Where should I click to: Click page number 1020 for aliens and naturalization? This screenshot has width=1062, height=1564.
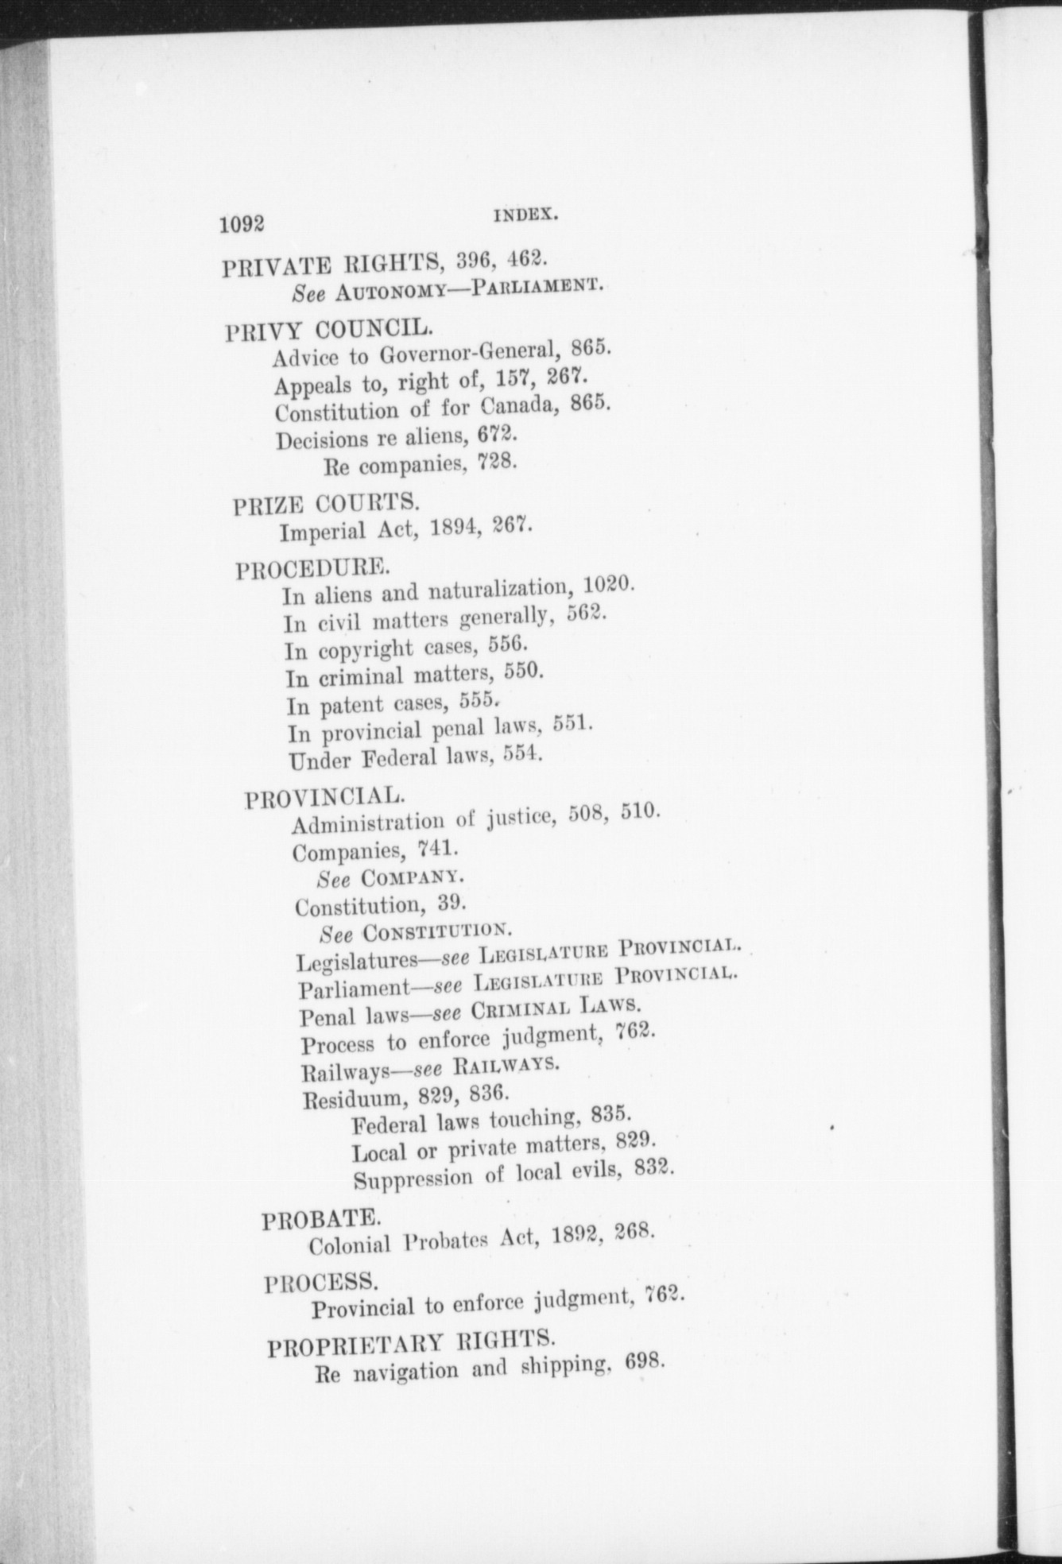608,586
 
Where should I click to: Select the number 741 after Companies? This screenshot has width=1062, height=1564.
437,849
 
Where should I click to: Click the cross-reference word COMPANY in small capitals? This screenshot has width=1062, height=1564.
411,877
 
